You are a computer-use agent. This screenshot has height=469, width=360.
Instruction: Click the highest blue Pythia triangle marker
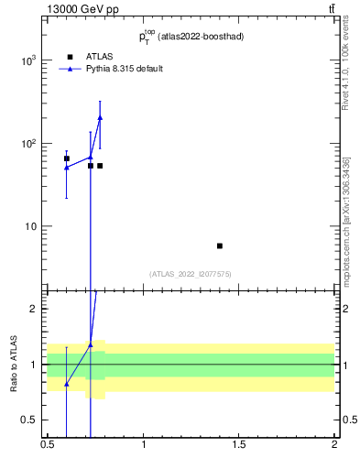pos(100,117)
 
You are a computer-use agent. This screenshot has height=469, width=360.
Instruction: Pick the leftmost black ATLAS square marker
pos(67,158)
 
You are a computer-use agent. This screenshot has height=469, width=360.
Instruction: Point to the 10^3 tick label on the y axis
pos(28,60)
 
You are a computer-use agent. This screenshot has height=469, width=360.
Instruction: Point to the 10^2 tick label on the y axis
pos(28,144)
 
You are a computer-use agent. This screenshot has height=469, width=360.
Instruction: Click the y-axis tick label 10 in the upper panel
pos(32,226)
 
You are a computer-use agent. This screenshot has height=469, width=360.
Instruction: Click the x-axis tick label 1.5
pos(239,444)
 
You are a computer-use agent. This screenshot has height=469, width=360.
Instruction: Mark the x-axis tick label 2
pos(334,444)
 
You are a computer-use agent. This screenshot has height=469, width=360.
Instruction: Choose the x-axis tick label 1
pos(144,444)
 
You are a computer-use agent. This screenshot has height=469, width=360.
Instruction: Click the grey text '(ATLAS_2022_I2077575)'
pos(191,274)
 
